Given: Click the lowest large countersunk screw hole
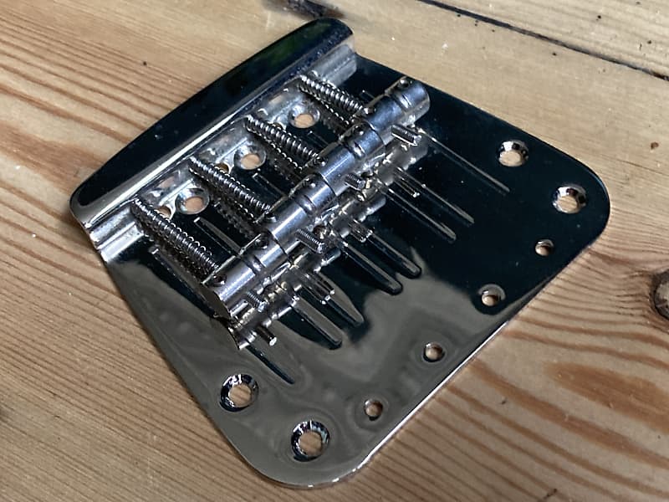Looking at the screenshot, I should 309,438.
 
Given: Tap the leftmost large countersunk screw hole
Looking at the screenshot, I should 238,391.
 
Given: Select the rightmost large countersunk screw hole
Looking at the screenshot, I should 569,198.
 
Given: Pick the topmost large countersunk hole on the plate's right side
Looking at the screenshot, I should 513,153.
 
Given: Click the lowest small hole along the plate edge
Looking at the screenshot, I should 373,408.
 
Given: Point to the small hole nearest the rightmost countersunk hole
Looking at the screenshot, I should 544,247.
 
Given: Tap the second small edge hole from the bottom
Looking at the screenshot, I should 433,351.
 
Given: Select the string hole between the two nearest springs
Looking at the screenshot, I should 193,201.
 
